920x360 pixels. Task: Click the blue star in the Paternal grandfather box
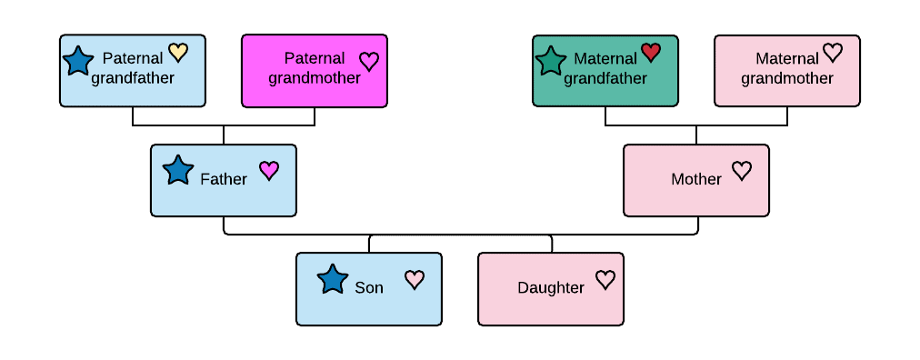78,61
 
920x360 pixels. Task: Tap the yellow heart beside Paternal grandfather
178,53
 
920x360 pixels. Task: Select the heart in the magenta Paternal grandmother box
368,61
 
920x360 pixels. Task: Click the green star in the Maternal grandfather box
551,61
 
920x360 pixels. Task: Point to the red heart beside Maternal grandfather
651,52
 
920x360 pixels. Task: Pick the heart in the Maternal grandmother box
833,53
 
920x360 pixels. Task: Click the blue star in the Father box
178,169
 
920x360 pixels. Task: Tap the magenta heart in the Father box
269,170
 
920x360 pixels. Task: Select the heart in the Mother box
742,170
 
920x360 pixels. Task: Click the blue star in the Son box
333,279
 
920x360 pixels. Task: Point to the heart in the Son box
415,279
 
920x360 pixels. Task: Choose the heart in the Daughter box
605,279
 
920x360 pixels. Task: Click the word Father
224,179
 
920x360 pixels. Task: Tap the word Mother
696,179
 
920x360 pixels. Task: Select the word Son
369,288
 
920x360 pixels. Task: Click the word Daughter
551,288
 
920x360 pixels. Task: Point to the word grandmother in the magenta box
315,78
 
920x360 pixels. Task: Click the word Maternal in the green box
605,59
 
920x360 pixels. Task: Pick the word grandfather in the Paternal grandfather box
133,78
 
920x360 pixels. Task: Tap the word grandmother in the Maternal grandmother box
787,78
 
